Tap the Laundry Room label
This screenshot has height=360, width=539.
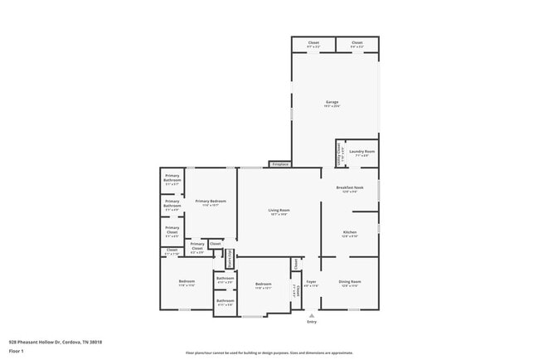362,151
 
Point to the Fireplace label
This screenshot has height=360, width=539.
280,165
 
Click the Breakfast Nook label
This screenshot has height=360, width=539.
350,188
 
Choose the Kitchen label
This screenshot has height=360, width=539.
350,231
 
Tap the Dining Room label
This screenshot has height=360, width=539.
350,281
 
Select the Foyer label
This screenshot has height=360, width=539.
312,281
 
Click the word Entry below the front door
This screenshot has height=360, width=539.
312,322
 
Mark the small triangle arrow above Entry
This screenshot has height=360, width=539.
312,315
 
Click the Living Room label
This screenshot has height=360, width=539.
279,210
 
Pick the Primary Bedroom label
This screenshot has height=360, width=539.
211,202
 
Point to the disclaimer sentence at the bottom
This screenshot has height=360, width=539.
269,353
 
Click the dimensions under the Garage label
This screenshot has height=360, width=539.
332,106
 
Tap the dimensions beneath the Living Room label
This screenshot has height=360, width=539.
279,215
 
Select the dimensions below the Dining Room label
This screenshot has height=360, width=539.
350,285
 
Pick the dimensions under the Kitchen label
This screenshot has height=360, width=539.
350,236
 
